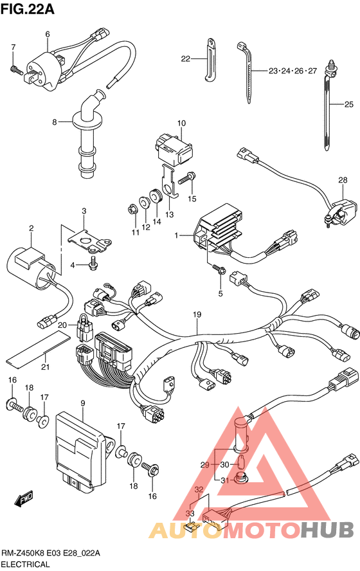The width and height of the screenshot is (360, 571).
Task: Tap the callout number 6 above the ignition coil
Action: coord(48,34)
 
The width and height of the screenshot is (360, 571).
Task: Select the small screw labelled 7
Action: coord(15,68)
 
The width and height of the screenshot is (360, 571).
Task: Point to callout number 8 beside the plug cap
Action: coord(55,122)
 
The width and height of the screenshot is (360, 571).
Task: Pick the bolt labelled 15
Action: coord(186,179)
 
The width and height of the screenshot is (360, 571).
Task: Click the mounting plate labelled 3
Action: coord(90,240)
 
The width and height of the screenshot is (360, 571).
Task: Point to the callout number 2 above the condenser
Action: coord(32,228)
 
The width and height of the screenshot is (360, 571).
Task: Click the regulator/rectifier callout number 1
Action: coord(176,235)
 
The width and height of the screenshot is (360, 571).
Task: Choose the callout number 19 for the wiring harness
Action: coord(197,314)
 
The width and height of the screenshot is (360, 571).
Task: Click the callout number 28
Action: coord(343,180)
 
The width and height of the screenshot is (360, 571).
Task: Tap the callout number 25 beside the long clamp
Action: coord(348,105)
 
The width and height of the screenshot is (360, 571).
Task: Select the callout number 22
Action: coord(186,59)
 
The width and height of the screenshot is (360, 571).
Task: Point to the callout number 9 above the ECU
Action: coord(83,403)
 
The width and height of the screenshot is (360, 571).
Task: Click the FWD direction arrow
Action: coord(24,498)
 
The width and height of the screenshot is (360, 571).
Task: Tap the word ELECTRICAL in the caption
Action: coord(26,565)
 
